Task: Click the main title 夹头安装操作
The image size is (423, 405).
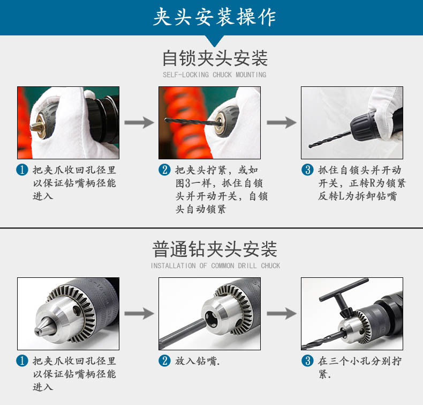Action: (215, 17)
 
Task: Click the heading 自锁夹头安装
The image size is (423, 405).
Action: (215, 58)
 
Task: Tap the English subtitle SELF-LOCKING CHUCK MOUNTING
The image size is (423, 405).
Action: (215, 75)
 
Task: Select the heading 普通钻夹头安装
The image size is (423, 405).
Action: (215, 249)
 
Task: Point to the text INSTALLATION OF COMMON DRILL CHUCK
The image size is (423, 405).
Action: (215, 266)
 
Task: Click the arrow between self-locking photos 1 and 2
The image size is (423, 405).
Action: (139, 122)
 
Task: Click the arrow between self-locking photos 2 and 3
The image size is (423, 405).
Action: (281, 122)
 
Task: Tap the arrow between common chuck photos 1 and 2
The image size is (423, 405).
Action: (139, 313)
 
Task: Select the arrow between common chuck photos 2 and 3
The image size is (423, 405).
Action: (281, 313)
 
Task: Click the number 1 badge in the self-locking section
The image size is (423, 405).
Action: (22, 170)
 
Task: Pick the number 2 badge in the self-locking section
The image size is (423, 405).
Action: (164, 170)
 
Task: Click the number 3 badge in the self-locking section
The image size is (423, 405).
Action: (307, 170)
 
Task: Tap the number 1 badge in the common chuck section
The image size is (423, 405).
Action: (22, 360)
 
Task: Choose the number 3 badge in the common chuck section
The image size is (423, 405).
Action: (307, 360)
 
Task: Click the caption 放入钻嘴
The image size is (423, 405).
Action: (197, 361)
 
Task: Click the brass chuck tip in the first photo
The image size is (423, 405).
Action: (36, 126)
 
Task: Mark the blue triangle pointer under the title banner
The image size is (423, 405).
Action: (215, 41)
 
